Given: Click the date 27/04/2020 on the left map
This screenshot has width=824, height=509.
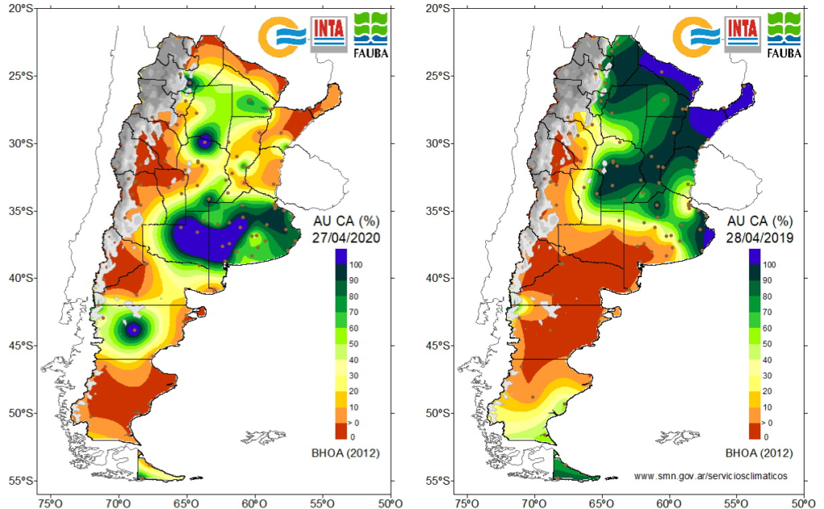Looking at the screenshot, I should pos(346,238).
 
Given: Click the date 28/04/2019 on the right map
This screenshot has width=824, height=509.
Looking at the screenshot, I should pos(760,238).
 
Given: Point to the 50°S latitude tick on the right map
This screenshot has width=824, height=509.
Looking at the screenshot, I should pos(435,413).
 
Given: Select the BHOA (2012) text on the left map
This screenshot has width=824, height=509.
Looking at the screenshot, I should pos(346,453).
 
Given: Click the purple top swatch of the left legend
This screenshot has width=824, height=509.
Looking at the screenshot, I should pos(341,257).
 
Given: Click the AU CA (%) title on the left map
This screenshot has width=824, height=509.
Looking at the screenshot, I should pos(346,221).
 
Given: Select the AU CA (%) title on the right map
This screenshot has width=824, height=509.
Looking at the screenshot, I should pos(760,221).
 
